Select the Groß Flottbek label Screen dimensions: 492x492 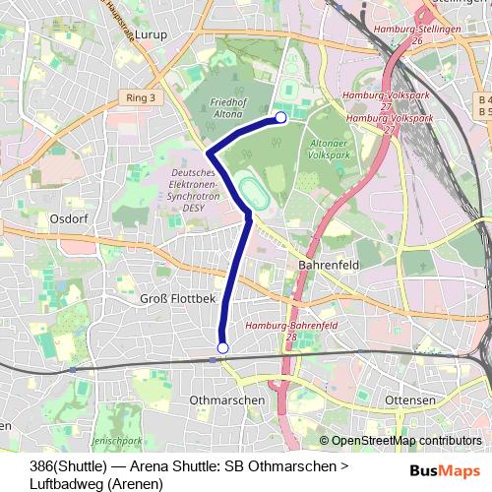[x=178, y=297]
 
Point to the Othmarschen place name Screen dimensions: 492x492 [x=226, y=400]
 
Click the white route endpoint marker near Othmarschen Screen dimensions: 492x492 [x=222, y=348]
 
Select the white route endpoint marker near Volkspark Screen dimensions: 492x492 [x=280, y=118]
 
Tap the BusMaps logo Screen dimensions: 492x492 [x=446, y=470]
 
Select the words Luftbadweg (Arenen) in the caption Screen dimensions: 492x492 [x=96, y=480]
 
